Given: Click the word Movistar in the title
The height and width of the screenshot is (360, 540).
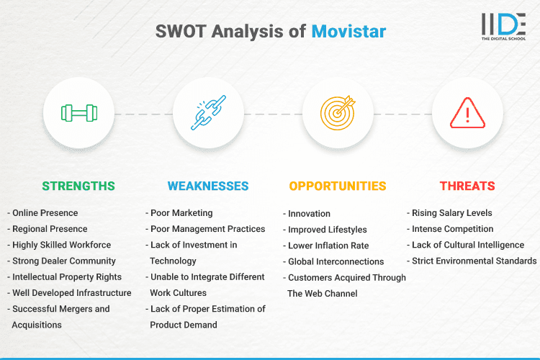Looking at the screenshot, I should [x=348, y=31].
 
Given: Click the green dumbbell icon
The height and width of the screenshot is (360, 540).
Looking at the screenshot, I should [x=78, y=113].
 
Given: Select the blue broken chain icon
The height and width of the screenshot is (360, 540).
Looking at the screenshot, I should [x=208, y=113].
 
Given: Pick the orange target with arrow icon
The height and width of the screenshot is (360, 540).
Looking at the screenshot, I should [x=338, y=113].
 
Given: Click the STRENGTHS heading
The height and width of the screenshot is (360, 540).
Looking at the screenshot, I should [x=78, y=186].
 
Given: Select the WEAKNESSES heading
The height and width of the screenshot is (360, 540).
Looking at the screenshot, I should [x=208, y=186].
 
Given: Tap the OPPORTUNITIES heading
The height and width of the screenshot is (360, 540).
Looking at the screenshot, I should [x=338, y=186].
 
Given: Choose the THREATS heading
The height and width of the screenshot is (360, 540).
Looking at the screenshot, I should [x=467, y=186].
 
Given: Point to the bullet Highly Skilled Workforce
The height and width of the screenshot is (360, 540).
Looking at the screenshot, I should [x=60, y=245].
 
